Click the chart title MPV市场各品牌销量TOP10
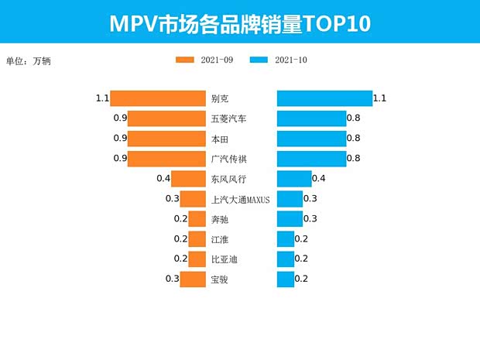240,23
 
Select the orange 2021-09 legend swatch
186,60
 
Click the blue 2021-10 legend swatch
260,60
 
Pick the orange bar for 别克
158,98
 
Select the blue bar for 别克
324,98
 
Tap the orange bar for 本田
166,139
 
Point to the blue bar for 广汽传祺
311,159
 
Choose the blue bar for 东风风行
294,179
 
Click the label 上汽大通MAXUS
240,199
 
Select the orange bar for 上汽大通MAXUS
193,199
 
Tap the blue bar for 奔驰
290,219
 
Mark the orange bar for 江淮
197,239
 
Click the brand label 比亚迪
224,259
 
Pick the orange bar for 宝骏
193,279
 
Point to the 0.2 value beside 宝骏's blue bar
301,279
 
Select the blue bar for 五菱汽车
311,118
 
